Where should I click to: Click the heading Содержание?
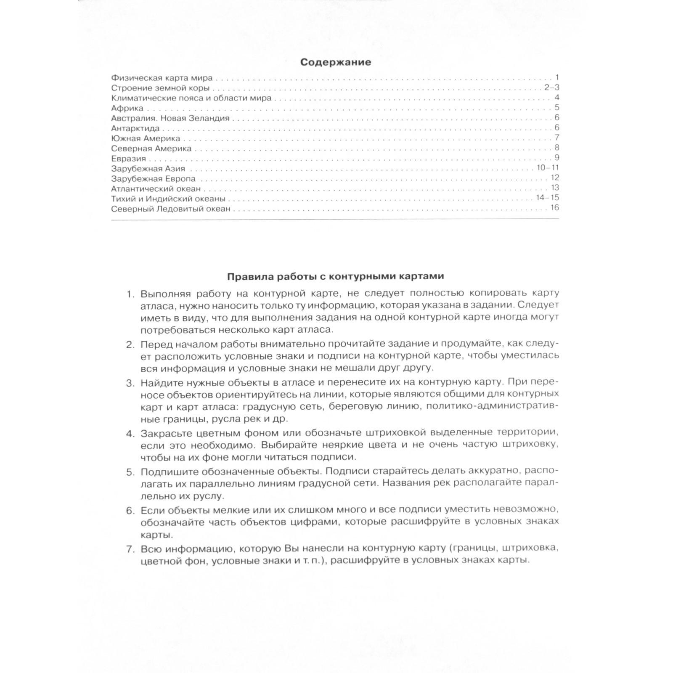335,62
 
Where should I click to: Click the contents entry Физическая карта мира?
162,78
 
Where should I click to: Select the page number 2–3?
551,87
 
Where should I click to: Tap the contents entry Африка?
127,108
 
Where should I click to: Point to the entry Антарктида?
135,128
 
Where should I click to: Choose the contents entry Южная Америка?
146,138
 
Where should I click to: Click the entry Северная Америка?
151,148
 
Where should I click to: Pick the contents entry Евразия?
129,159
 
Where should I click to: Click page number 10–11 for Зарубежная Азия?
548,168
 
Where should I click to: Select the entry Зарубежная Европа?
154,179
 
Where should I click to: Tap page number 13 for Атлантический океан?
554,188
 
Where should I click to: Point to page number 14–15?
548,198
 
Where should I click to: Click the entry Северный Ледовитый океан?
171,209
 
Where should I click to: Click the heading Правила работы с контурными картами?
335,276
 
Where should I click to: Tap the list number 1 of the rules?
130,294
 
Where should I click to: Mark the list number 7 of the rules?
130,549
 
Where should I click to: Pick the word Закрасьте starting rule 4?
162,433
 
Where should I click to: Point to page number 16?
554,208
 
